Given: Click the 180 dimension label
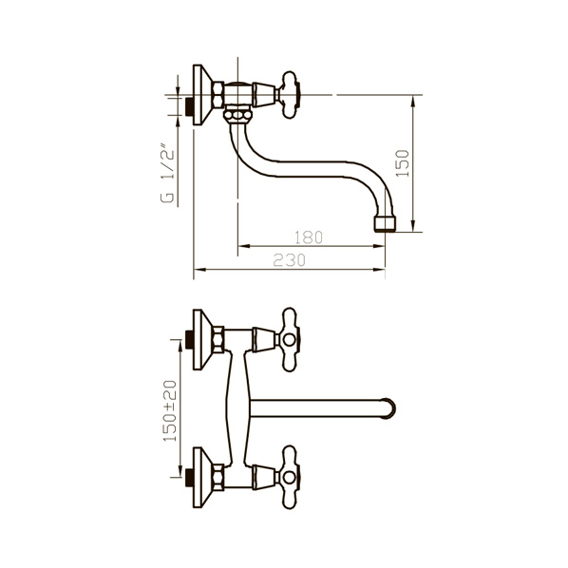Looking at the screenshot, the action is point(308,237).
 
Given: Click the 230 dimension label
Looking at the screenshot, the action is point(289,260).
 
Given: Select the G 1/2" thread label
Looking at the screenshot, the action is point(167,174).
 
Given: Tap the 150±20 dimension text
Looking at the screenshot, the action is point(170,410).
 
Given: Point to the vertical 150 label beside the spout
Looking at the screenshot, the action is point(403,163).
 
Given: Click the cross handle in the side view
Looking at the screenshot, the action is point(289,95).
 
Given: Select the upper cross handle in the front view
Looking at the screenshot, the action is point(289,340).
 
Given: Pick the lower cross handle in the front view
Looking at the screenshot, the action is point(289,478).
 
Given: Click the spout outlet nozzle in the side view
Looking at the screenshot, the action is point(385,224).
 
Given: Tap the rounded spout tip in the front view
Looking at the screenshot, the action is point(389,409).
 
